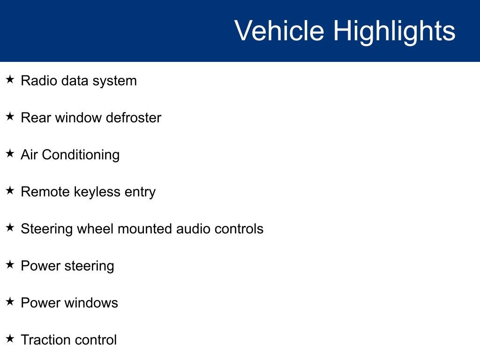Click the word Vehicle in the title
(279, 31)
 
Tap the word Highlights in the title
(394, 31)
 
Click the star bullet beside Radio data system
(10, 80)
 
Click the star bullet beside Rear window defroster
(10, 117)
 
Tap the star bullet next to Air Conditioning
(10, 154)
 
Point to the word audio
(193, 229)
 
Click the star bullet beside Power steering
(10, 265)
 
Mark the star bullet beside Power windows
(10, 302)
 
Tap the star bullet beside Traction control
(10, 339)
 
